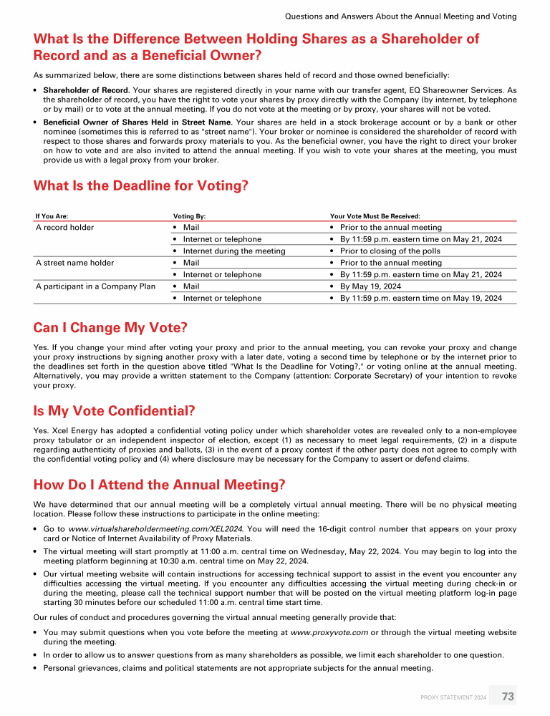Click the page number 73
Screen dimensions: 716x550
[508, 696]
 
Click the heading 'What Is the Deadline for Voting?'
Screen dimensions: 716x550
[140, 186]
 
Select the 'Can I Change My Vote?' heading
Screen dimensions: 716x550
[110, 328]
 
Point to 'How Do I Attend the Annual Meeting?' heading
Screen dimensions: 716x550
[160, 485]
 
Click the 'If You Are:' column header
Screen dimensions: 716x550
[52, 215]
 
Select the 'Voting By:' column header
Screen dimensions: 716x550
[189, 215]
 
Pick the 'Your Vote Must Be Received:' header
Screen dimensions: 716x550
[375, 215]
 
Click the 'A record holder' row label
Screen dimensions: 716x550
[64, 228]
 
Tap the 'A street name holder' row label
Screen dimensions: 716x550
[74, 263]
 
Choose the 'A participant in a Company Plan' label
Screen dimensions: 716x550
[95, 286]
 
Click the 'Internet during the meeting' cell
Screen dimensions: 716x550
[234, 251]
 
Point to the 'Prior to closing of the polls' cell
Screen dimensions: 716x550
[390, 251]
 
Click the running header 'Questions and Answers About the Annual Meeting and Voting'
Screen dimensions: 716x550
[400, 16]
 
